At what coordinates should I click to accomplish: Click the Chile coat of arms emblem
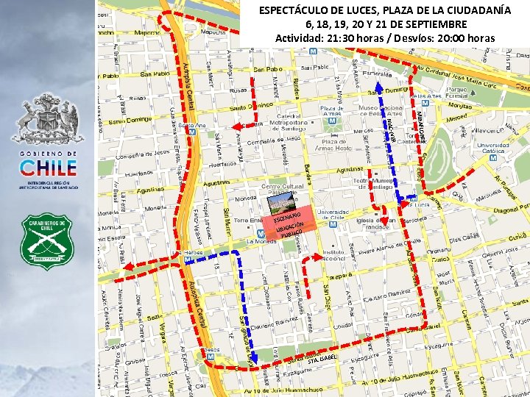coord(48,118)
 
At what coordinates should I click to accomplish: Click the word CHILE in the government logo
coord(48,167)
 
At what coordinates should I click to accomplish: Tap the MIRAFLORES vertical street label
coord(422,121)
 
